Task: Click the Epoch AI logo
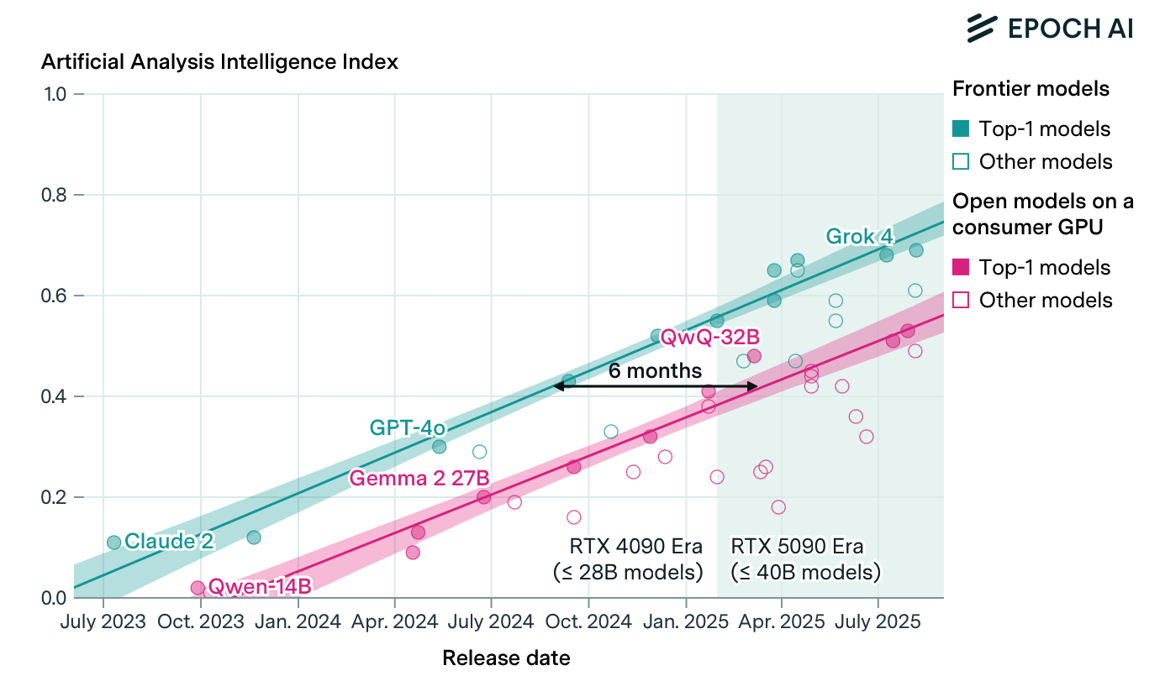1049,28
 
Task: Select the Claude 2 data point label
169,542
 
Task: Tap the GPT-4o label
407,427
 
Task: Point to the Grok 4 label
859,236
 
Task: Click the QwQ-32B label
710,337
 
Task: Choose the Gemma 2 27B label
419,479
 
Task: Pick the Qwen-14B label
260,586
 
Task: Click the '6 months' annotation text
655,370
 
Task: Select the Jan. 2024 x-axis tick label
298,622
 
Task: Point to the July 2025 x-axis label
878,622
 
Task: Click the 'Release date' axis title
506,658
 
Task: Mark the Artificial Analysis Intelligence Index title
219,62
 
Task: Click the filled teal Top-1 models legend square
962,128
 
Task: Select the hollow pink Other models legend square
962,300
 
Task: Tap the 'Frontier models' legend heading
1031,88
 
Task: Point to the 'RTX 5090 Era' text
797,547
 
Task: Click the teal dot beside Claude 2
113,542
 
